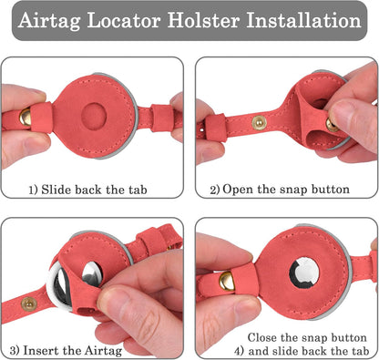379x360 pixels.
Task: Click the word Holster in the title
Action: pyautogui.click(x=203, y=20)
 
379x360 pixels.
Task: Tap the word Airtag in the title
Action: pyautogui.click(x=49, y=21)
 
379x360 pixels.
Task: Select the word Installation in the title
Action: pyautogui.click(x=303, y=20)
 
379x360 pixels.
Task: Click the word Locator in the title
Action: pyautogui.click(x=124, y=20)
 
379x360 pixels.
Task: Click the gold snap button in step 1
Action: pyautogui.click(x=26, y=117)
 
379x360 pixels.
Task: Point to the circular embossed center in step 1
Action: pyautogui.click(x=94, y=116)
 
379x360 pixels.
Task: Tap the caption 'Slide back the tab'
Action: pyautogui.click(x=94, y=190)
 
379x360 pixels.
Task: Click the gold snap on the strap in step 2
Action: pyautogui.click(x=259, y=123)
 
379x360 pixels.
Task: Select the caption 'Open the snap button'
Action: pyautogui.click(x=286, y=190)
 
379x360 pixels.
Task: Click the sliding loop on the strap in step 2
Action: pyautogui.click(x=216, y=127)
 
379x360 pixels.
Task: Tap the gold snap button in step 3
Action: pyautogui.click(x=29, y=303)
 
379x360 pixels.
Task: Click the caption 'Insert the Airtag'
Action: pyautogui.click(x=73, y=350)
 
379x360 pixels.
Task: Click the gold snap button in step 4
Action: pyautogui.click(x=227, y=281)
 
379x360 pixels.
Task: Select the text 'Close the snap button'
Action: pyautogui.click(x=307, y=337)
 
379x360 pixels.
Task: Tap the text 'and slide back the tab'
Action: pyautogui.click(x=309, y=351)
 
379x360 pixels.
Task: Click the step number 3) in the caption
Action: pyautogui.click(x=15, y=351)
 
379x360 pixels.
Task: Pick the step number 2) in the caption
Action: pyautogui.click(x=215, y=190)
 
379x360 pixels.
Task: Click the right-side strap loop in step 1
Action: pyautogui.click(x=162, y=118)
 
